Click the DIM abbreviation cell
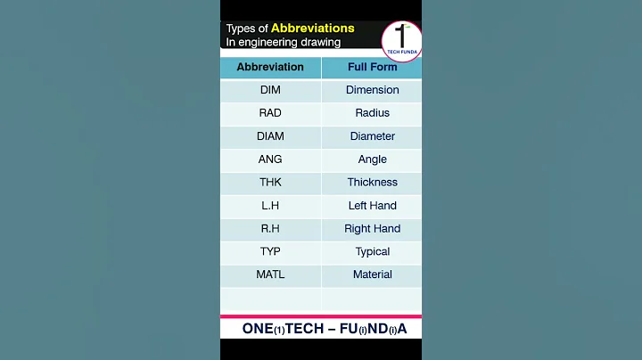pos(270,90)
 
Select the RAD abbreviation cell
pos(270,113)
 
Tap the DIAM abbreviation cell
pos(270,136)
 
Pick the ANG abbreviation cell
pos(270,160)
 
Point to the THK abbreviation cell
pos(270,183)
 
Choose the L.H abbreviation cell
pos(270,206)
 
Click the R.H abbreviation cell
pos(270,229)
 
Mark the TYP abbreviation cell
pos(270,252)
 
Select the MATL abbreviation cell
pos(270,274)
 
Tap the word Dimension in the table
pos(373,90)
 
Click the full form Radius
pos(373,113)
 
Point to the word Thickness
pos(373,183)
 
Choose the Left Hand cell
pos(373,206)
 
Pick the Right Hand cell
pos(373,229)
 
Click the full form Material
pos(373,274)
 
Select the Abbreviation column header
pos(270,67)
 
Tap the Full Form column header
pos(373,67)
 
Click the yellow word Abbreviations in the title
pos(312,29)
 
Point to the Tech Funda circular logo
pos(401,41)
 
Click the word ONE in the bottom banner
pos(257,329)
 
